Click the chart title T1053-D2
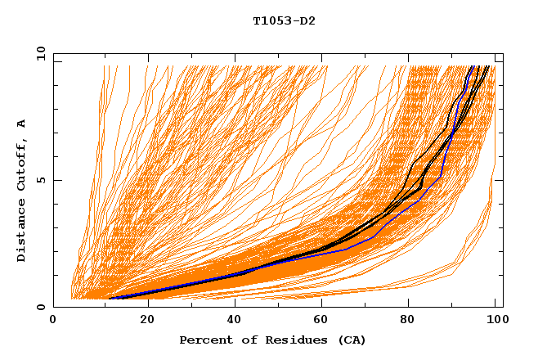[284, 21]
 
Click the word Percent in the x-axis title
[202, 340]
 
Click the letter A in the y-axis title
[22, 124]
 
